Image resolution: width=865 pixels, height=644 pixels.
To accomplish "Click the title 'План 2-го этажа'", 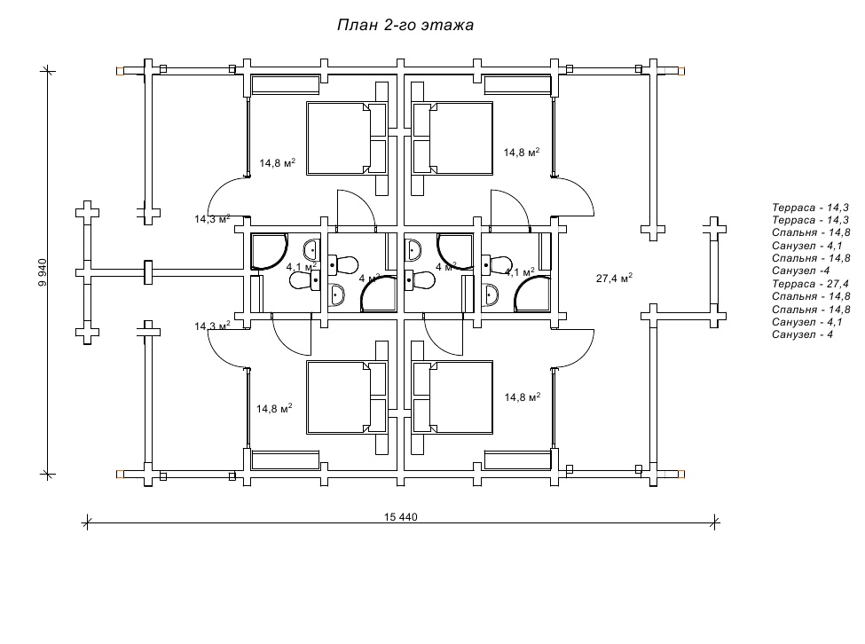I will point(405,25).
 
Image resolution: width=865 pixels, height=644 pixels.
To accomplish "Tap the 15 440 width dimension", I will point(401,516).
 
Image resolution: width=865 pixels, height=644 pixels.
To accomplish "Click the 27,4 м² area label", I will point(614,278).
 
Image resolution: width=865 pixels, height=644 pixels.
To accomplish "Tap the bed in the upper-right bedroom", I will point(452,137).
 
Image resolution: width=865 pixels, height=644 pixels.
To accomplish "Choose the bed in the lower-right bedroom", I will point(452,397).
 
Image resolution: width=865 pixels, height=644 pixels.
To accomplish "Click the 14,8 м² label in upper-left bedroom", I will point(277,163).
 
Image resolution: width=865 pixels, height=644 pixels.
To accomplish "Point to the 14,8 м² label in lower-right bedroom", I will point(522,397).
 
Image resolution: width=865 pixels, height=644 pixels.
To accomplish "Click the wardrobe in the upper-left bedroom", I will point(285,85).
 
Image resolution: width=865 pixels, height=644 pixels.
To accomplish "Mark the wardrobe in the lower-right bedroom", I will point(517,459).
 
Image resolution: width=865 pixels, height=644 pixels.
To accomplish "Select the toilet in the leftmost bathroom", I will point(304,281).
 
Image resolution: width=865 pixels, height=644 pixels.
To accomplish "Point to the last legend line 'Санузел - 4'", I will point(802,334).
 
